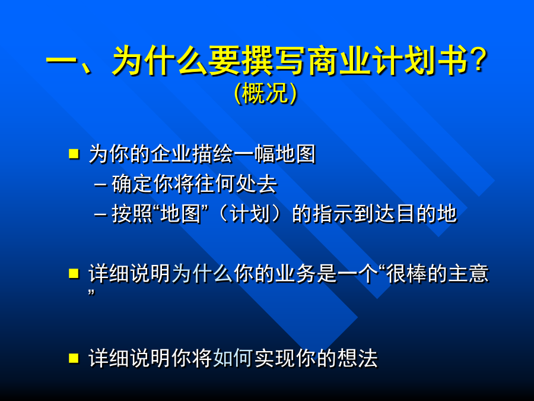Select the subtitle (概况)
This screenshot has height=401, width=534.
(266, 93)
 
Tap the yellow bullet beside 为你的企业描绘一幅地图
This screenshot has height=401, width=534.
(74, 154)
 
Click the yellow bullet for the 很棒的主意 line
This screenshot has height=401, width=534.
(74, 273)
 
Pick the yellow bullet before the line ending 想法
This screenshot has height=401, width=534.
(74, 358)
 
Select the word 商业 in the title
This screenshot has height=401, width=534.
(340, 61)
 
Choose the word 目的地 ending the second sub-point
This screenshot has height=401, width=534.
(427, 214)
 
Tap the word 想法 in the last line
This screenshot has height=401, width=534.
(358, 358)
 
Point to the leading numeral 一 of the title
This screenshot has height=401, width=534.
(61, 62)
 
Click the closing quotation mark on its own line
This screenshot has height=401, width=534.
(91, 293)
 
